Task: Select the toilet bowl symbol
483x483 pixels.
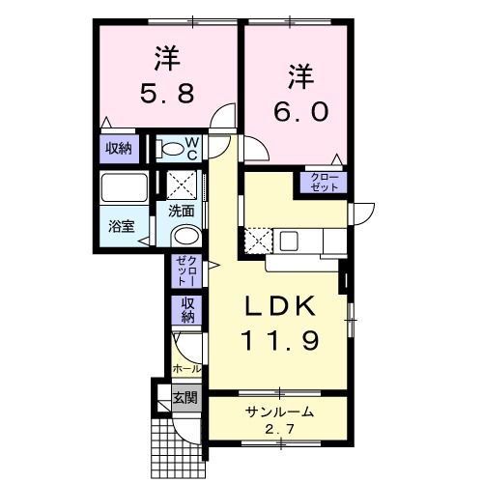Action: coord(171,149)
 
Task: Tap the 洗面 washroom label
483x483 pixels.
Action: coord(182,210)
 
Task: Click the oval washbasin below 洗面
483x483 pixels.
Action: coord(185,238)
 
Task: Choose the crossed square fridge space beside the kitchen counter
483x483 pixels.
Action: coord(258,238)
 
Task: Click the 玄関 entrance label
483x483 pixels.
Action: coord(185,397)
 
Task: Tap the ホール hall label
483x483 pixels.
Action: coord(185,369)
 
